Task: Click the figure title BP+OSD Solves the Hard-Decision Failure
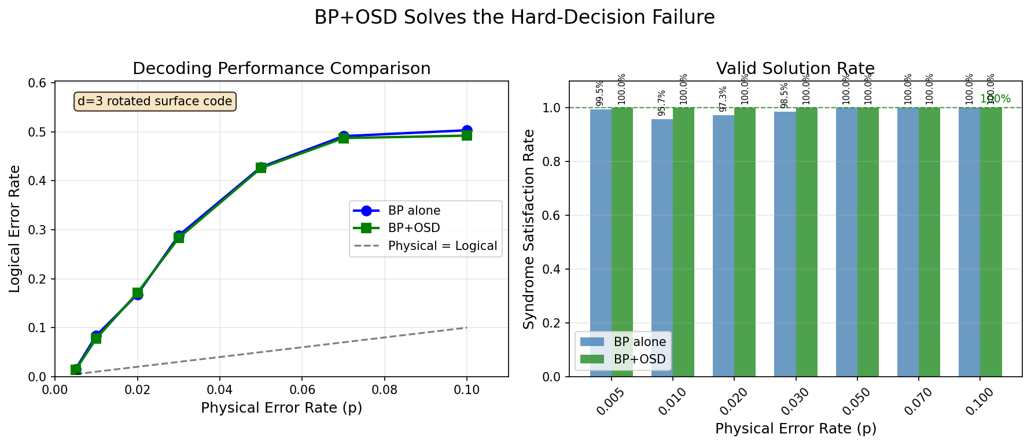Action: tap(514, 17)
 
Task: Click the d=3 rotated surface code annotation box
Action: tap(154, 101)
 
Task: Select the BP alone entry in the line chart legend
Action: tap(414, 211)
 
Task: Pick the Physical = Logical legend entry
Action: tap(442, 246)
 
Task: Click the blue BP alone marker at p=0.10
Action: tap(467, 131)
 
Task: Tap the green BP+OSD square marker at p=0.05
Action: tap(261, 168)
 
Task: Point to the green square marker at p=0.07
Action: tap(344, 138)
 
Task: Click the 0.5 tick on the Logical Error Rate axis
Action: tap(39, 132)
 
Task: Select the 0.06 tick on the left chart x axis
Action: tap(302, 389)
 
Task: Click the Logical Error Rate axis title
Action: tap(15, 229)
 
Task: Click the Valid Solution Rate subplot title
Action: tap(795, 69)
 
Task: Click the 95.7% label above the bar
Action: tap(662, 102)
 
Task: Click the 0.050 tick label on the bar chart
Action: tap(853, 402)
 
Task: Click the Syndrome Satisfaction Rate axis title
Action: tap(529, 229)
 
